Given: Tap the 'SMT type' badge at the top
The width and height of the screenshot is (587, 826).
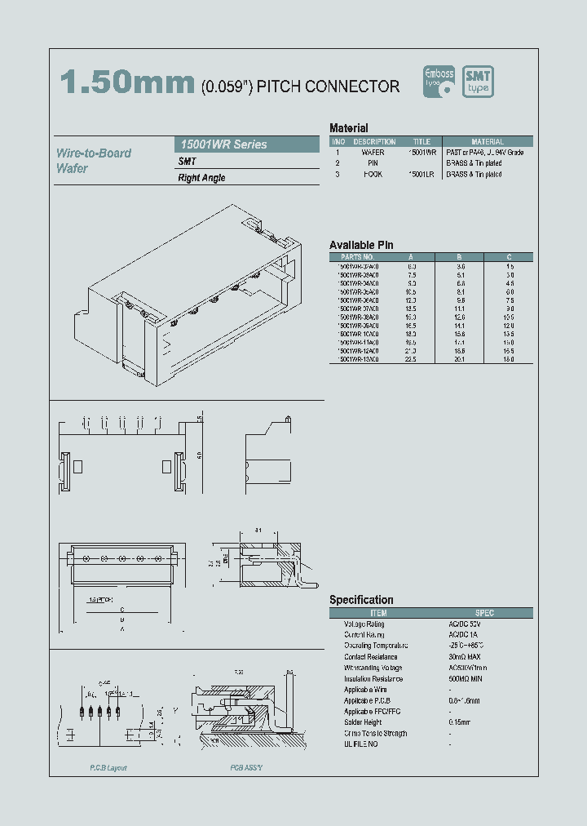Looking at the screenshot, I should click(478, 82).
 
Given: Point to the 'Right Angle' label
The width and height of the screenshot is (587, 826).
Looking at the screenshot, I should click(201, 178).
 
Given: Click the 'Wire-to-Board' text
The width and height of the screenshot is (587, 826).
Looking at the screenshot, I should click(94, 153).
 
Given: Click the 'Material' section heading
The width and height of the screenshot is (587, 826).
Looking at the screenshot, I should click(348, 128).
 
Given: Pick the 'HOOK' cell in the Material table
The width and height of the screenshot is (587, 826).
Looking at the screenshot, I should click(373, 174).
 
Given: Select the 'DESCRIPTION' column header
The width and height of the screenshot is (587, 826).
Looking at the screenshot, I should click(374, 142).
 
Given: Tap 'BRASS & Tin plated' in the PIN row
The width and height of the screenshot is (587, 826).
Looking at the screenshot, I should click(474, 163).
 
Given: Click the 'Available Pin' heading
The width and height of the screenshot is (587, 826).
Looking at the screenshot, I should click(361, 245).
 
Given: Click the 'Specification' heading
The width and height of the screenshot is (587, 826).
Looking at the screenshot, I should click(361, 600).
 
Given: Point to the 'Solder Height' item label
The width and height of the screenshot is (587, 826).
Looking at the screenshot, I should click(363, 722).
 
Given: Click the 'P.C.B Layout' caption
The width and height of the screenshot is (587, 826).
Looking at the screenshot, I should click(108, 768).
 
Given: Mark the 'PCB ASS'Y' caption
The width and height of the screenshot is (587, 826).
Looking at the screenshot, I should click(245, 768).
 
